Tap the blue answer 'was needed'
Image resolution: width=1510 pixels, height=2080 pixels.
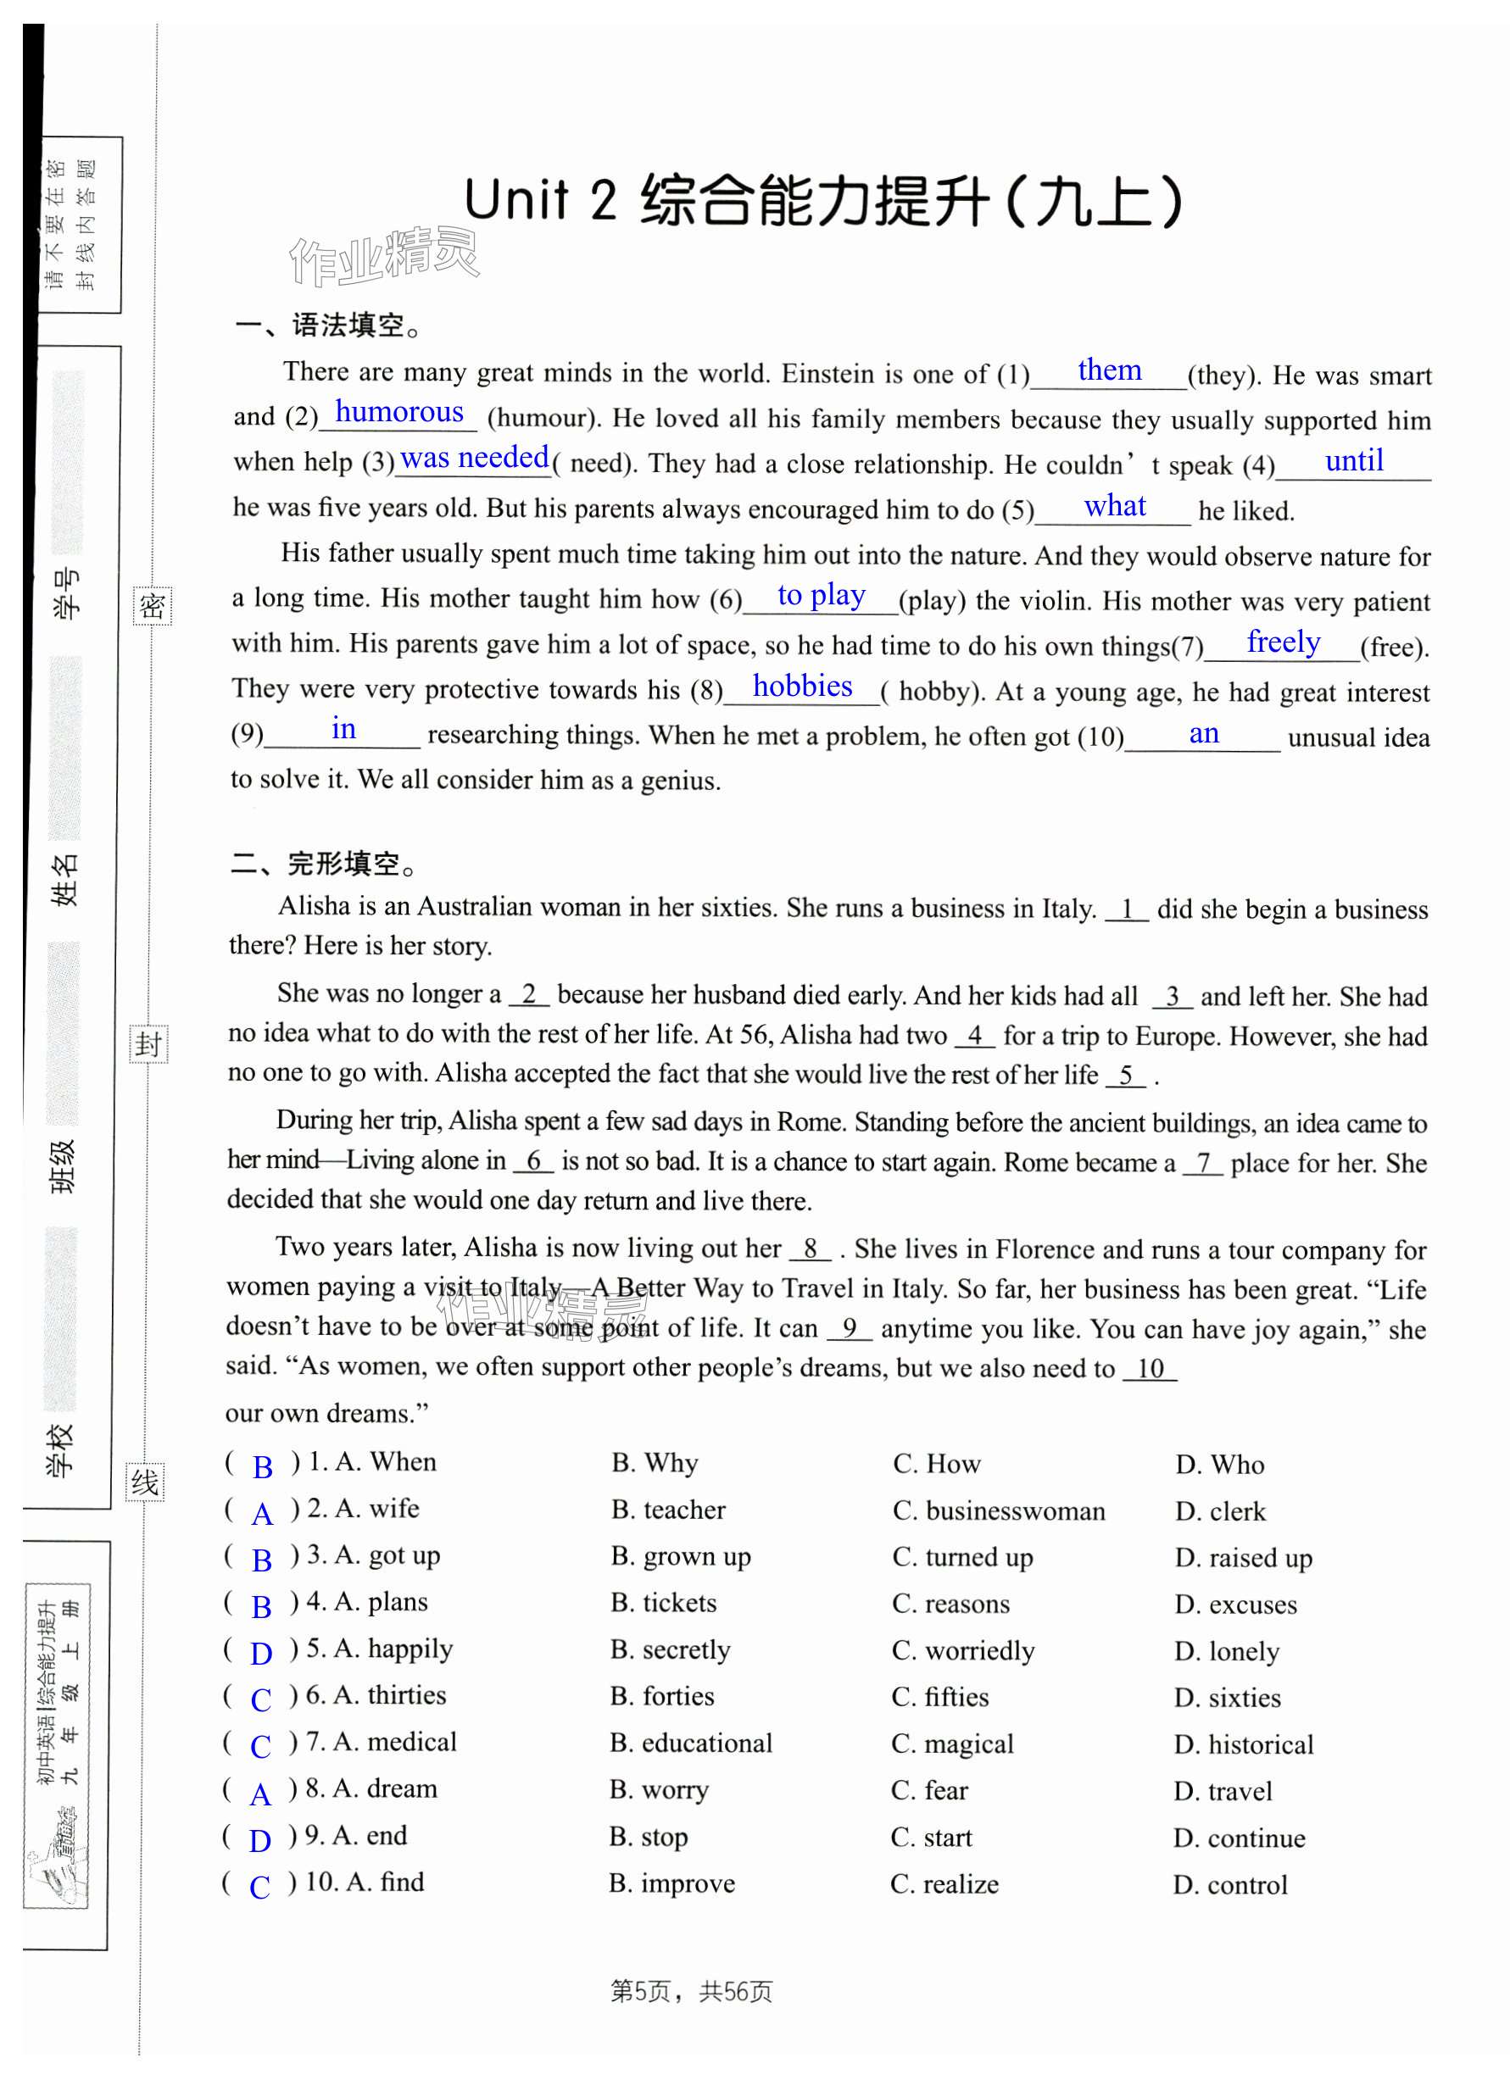[474, 457]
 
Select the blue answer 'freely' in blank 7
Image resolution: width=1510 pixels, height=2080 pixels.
[1283, 642]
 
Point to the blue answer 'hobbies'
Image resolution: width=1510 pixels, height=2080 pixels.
[802, 686]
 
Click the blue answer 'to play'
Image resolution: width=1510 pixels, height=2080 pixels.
[821, 595]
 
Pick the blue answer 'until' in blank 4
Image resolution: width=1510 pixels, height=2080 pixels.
[1353, 460]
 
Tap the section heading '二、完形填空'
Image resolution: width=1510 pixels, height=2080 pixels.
[324, 863]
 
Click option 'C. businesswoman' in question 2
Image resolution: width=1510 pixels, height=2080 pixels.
[998, 1510]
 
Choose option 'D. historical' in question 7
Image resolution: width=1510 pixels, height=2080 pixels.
[1243, 1744]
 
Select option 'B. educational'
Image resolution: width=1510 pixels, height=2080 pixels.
[691, 1743]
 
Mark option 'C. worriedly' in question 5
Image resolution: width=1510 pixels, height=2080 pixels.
[962, 1651]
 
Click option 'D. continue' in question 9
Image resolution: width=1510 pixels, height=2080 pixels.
[1239, 1838]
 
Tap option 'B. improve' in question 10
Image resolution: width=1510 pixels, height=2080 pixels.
[671, 1883]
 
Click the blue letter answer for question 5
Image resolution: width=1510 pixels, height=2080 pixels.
[261, 1654]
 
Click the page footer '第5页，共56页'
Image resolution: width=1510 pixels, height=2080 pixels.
[691, 1991]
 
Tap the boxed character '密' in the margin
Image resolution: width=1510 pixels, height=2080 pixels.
[152, 606]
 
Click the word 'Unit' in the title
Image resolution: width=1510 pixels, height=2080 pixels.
[516, 200]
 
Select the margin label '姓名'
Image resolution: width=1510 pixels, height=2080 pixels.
[65, 880]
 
